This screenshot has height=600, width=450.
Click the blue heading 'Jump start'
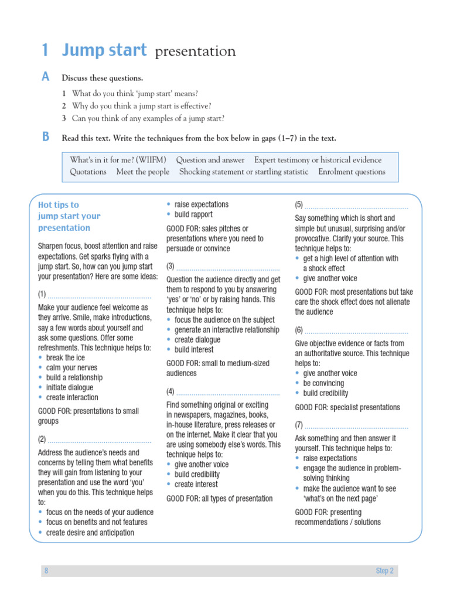[104, 51]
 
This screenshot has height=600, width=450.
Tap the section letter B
[46, 138]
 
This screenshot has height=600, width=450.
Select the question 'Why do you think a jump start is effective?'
[141, 106]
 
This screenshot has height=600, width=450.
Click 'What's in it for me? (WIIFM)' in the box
[118, 160]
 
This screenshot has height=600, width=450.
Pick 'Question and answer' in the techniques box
[210, 160]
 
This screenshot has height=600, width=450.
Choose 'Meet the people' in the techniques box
[143, 172]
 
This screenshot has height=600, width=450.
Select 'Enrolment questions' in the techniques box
[352, 172]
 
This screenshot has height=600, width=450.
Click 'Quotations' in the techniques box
[88, 172]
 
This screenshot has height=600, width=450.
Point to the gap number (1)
[42, 294]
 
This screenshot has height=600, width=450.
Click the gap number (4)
[171, 391]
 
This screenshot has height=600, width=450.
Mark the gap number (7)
[299, 425]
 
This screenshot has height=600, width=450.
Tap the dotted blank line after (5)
[356, 206]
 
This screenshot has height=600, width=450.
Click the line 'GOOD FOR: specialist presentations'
[347, 407]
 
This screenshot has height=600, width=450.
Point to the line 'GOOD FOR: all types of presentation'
[220, 499]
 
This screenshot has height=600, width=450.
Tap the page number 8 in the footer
[46, 571]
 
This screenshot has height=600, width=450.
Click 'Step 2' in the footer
[384, 571]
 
